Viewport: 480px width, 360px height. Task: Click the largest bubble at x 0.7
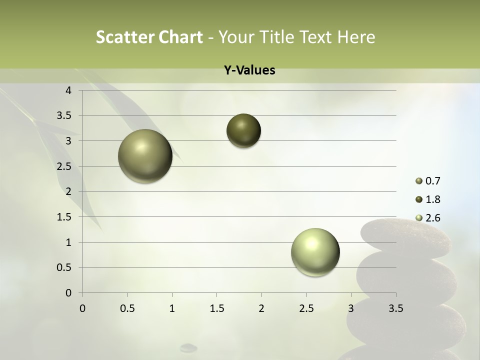point(145,156)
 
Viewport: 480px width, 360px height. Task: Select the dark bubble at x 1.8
point(243,131)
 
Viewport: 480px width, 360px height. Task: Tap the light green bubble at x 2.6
point(315,252)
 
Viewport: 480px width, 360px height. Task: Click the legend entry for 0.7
point(432,181)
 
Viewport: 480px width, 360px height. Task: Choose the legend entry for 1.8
point(432,199)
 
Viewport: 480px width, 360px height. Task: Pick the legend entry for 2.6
point(432,218)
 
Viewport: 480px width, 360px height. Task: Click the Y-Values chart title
point(249,70)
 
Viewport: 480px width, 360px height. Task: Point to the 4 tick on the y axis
point(69,90)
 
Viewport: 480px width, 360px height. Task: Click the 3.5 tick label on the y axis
point(64,116)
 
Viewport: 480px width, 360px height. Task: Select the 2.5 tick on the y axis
point(64,166)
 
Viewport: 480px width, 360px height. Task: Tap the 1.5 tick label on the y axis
point(64,217)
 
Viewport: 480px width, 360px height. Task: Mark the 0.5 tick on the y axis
point(64,267)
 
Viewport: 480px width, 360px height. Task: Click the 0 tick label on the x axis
point(82,308)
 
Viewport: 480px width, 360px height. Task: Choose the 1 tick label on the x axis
point(172,308)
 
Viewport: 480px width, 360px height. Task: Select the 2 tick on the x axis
point(261,308)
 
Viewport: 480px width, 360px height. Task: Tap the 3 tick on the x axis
point(351,308)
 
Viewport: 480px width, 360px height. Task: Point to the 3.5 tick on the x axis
point(395,308)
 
